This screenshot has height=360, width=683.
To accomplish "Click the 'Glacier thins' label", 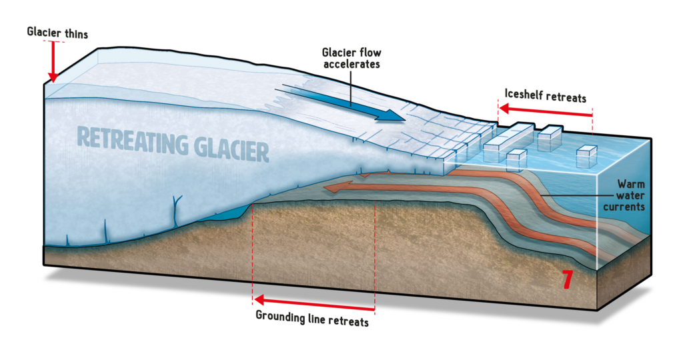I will pos(58,31).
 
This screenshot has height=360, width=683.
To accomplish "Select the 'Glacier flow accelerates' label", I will pos(351,58).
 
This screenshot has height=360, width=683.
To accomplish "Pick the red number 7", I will pos(566,279).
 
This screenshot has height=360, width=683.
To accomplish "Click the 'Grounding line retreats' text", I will pos(311,317).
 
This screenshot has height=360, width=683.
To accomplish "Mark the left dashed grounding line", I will pos(252,253).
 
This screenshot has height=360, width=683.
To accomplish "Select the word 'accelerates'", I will pos(352,65).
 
